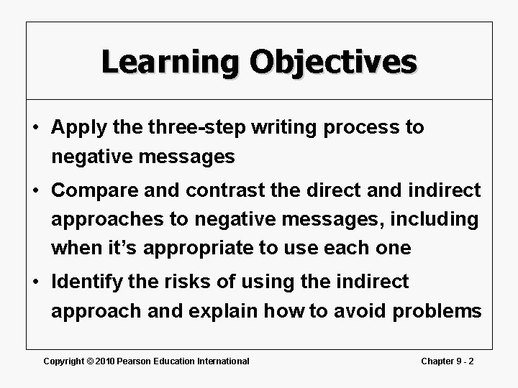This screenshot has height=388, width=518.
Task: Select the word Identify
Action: tap(88, 282)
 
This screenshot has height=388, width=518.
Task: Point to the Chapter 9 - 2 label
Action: tap(447, 361)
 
